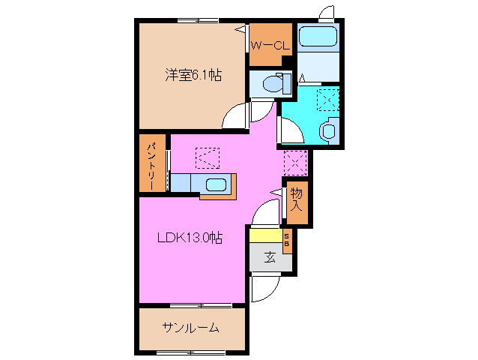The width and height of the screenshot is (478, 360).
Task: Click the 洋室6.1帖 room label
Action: [x=193, y=76]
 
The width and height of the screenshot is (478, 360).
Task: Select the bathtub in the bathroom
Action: [x=318, y=37]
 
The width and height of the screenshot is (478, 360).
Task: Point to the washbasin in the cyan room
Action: [x=328, y=130]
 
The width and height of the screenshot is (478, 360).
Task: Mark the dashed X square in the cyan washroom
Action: [x=327, y=100]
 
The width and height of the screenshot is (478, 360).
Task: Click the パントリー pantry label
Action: [x=151, y=163]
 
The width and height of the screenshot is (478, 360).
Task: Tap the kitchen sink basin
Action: [x=217, y=184]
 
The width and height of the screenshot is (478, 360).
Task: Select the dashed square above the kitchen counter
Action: [x=208, y=157]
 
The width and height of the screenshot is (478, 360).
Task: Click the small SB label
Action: [x=286, y=241]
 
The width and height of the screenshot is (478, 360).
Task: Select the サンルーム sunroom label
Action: [x=190, y=328]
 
